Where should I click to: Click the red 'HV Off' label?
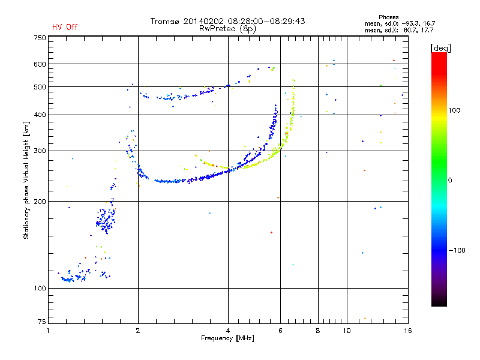[65, 27]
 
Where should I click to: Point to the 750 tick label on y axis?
[40, 38]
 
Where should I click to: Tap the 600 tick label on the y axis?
[40, 64]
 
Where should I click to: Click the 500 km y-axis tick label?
[40, 87]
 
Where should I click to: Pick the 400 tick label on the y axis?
[40, 115]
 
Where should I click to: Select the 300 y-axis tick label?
[40, 151]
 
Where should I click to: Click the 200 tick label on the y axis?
[40, 202]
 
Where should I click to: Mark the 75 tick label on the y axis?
[41, 322]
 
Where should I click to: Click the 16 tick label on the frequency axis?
[407, 331]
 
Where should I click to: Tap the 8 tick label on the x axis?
[318, 331]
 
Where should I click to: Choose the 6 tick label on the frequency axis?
[281, 331]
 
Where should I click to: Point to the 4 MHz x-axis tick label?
[228, 331]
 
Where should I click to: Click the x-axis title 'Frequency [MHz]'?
[227, 339]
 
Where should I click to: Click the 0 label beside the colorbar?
[450, 180]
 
